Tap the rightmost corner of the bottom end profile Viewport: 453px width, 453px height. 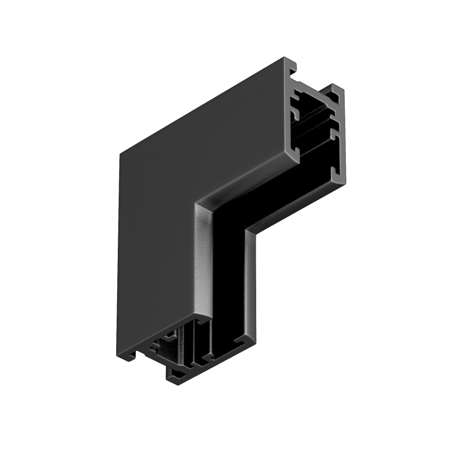tap(245, 347)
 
